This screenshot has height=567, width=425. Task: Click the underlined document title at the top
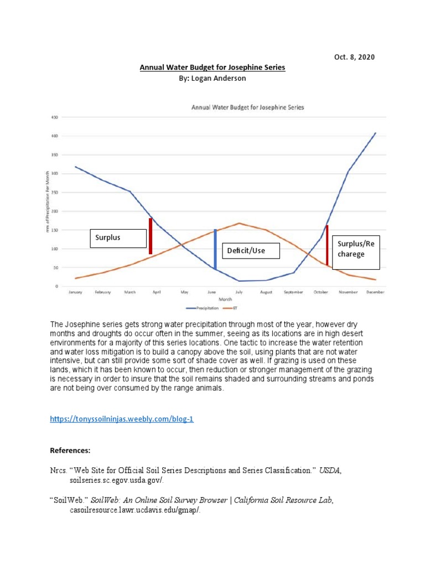click(212, 68)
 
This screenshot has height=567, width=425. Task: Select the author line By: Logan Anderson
click(210, 79)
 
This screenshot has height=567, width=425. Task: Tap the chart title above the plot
click(247, 107)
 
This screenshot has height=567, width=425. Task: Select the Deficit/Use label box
click(251, 251)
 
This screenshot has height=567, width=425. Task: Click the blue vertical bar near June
click(215, 249)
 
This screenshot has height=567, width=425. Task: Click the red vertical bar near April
click(151, 236)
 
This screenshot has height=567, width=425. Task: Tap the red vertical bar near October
click(327, 245)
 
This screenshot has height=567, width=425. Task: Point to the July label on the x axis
click(239, 292)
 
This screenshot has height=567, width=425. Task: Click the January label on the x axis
click(75, 292)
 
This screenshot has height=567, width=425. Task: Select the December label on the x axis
click(375, 292)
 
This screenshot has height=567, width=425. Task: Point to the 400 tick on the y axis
click(55, 136)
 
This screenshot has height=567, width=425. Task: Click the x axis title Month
click(225, 300)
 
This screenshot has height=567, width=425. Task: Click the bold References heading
click(70, 451)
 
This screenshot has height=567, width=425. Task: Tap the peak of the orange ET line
click(239, 223)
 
